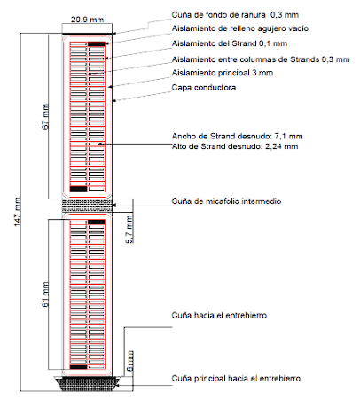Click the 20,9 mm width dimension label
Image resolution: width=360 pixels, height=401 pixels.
87,20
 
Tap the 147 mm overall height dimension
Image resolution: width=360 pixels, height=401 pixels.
18,212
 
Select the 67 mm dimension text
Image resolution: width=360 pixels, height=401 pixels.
45,116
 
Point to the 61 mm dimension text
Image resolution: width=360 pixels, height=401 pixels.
45,295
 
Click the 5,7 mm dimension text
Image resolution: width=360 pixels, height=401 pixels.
129,230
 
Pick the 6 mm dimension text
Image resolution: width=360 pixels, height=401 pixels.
129,361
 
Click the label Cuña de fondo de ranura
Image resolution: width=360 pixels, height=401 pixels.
219,14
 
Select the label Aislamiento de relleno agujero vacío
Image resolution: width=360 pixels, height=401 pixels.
240,28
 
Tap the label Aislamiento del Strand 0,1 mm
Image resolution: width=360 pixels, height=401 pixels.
230,43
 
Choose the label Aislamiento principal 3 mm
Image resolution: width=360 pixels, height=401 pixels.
223,73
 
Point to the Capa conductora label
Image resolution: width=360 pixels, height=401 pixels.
204,88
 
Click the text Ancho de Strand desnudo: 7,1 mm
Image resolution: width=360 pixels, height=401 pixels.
237,136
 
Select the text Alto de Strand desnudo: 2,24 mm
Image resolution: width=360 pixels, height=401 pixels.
235,146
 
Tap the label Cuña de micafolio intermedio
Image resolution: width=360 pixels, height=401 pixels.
226,201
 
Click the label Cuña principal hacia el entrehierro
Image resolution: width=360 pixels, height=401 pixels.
236,378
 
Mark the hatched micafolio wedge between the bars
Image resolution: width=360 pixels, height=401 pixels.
87,206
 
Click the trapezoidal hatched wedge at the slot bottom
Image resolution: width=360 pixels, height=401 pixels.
87,384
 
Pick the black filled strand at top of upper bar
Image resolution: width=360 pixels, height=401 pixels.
97,44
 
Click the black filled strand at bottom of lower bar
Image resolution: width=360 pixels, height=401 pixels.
78,366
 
